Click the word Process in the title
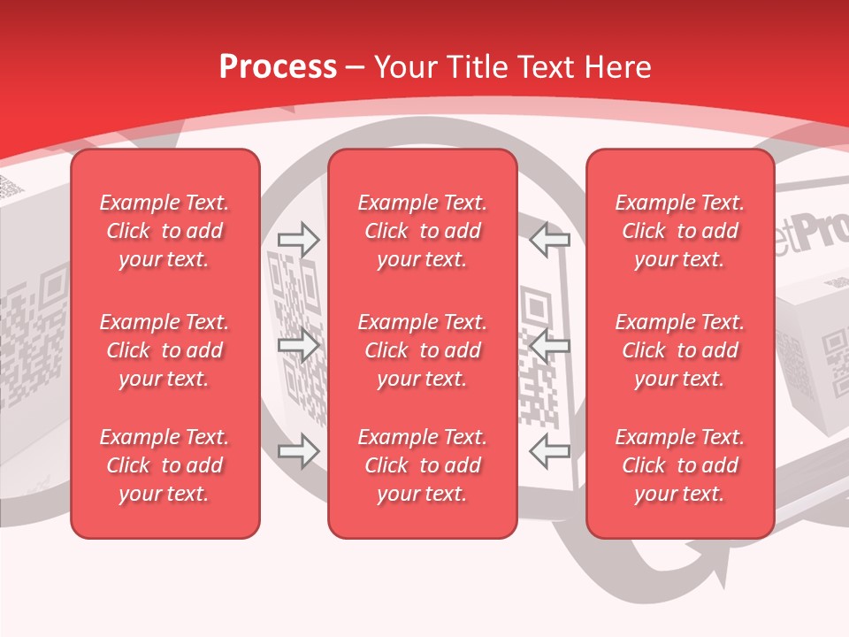tap(278, 67)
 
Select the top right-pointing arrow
tap(299, 240)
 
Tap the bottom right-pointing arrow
tap(299, 451)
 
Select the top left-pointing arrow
tap(550, 240)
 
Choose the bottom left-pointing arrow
tap(550, 451)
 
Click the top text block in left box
tap(164, 231)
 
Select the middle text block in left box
tap(164, 350)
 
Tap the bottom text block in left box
tap(164, 465)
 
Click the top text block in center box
tap(422, 231)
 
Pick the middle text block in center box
tap(422, 350)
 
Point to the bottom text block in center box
tap(422, 465)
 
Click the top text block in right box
tap(679, 231)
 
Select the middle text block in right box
tap(679, 350)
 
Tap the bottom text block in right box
tap(679, 465)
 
